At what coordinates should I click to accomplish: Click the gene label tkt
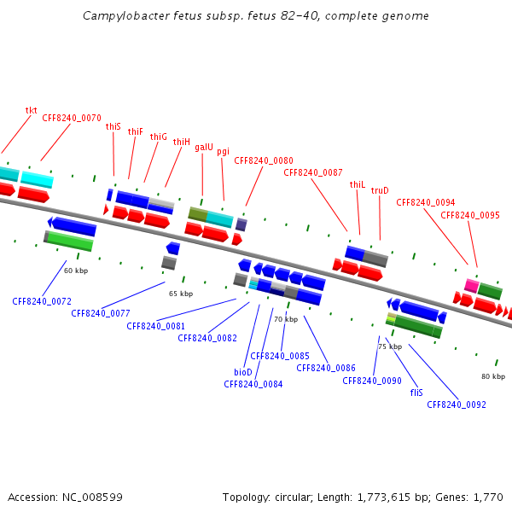[x=32, y=110]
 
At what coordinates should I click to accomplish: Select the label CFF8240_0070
[x=72, y=119]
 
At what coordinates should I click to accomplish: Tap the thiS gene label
[x=113, y=126]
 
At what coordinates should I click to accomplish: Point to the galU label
[x=204, y=147]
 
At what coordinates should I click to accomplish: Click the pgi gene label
[x=223, y=152]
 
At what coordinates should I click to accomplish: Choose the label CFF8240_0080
[x=264, y=160]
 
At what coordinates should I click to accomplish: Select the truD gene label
[x=380, y=190]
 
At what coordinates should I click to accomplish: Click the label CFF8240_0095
[x=470, y=215]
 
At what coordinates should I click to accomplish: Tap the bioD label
[x=243, y=372]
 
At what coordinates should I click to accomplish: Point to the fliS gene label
[x=416, y=393]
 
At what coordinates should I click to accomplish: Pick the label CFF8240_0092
[x=457, y=404]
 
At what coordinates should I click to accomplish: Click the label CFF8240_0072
[x=42, y=301]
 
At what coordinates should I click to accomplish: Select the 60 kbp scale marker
[x=76, y=271]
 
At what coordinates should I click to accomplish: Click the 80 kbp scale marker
[x=493, y=376]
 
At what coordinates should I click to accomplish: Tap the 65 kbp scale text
[x=181, y=294]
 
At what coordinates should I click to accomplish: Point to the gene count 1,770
[x=487, y=497]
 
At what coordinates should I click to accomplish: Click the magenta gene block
[x=471, y=285]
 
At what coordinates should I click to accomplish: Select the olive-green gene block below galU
[x=198, y=213]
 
